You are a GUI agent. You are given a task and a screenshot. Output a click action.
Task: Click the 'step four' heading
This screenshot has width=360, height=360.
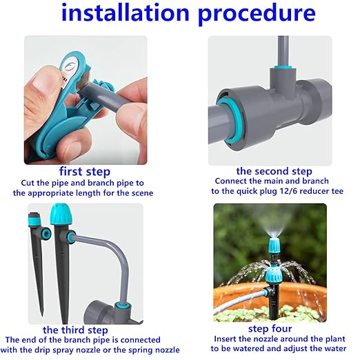pyautogui.click(x=273, y=329)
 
